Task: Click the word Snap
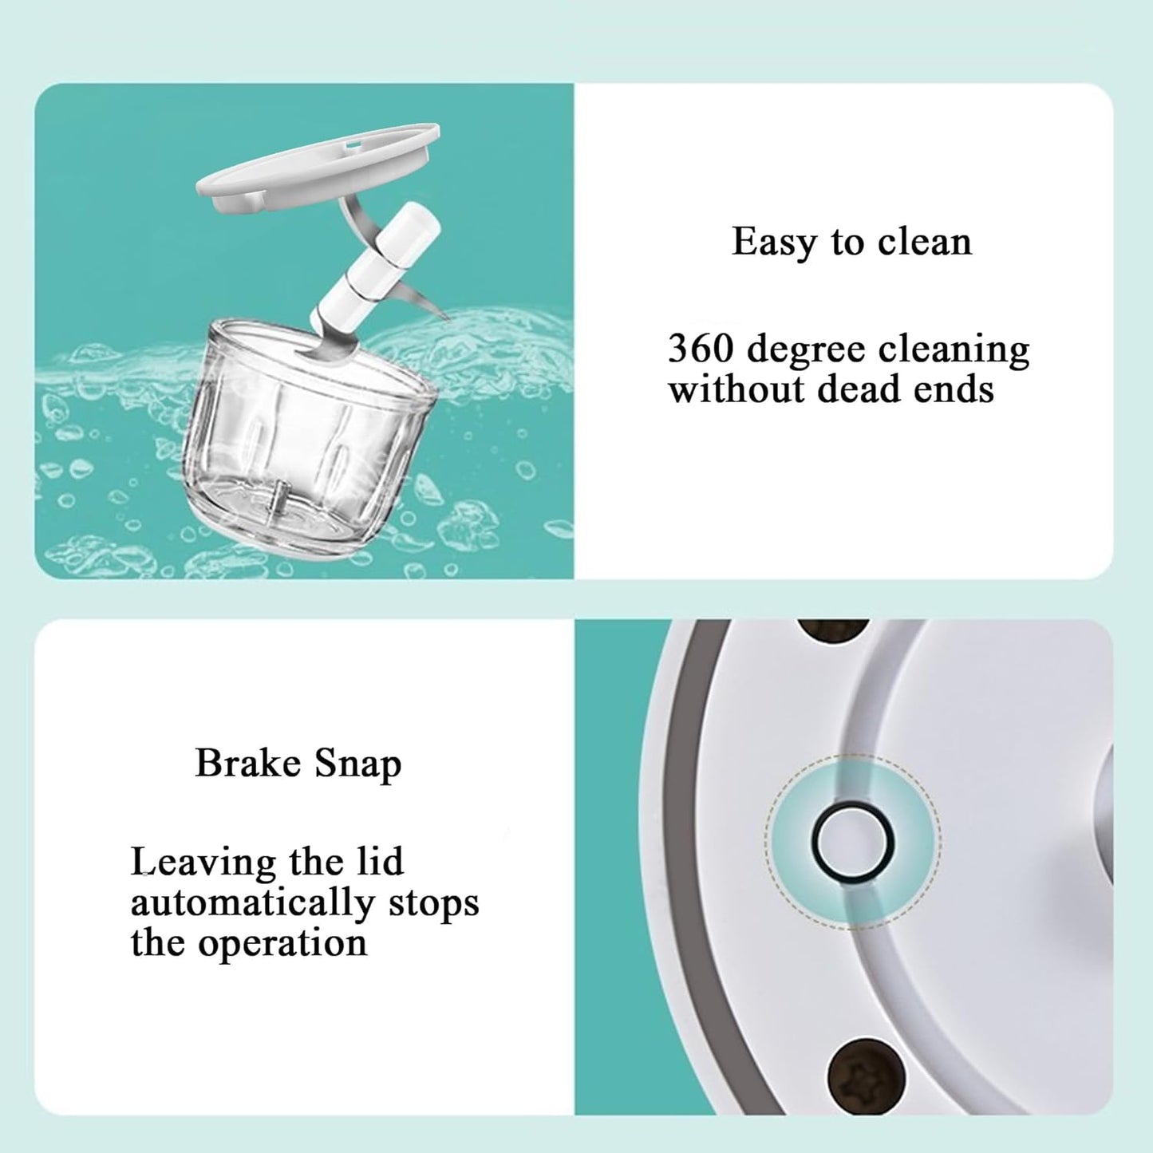point(357,764)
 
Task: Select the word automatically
point(252,903)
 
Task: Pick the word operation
point(282,943)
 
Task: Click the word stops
point(433,903)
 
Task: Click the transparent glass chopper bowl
point(307,447)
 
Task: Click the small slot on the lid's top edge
point(352,145)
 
